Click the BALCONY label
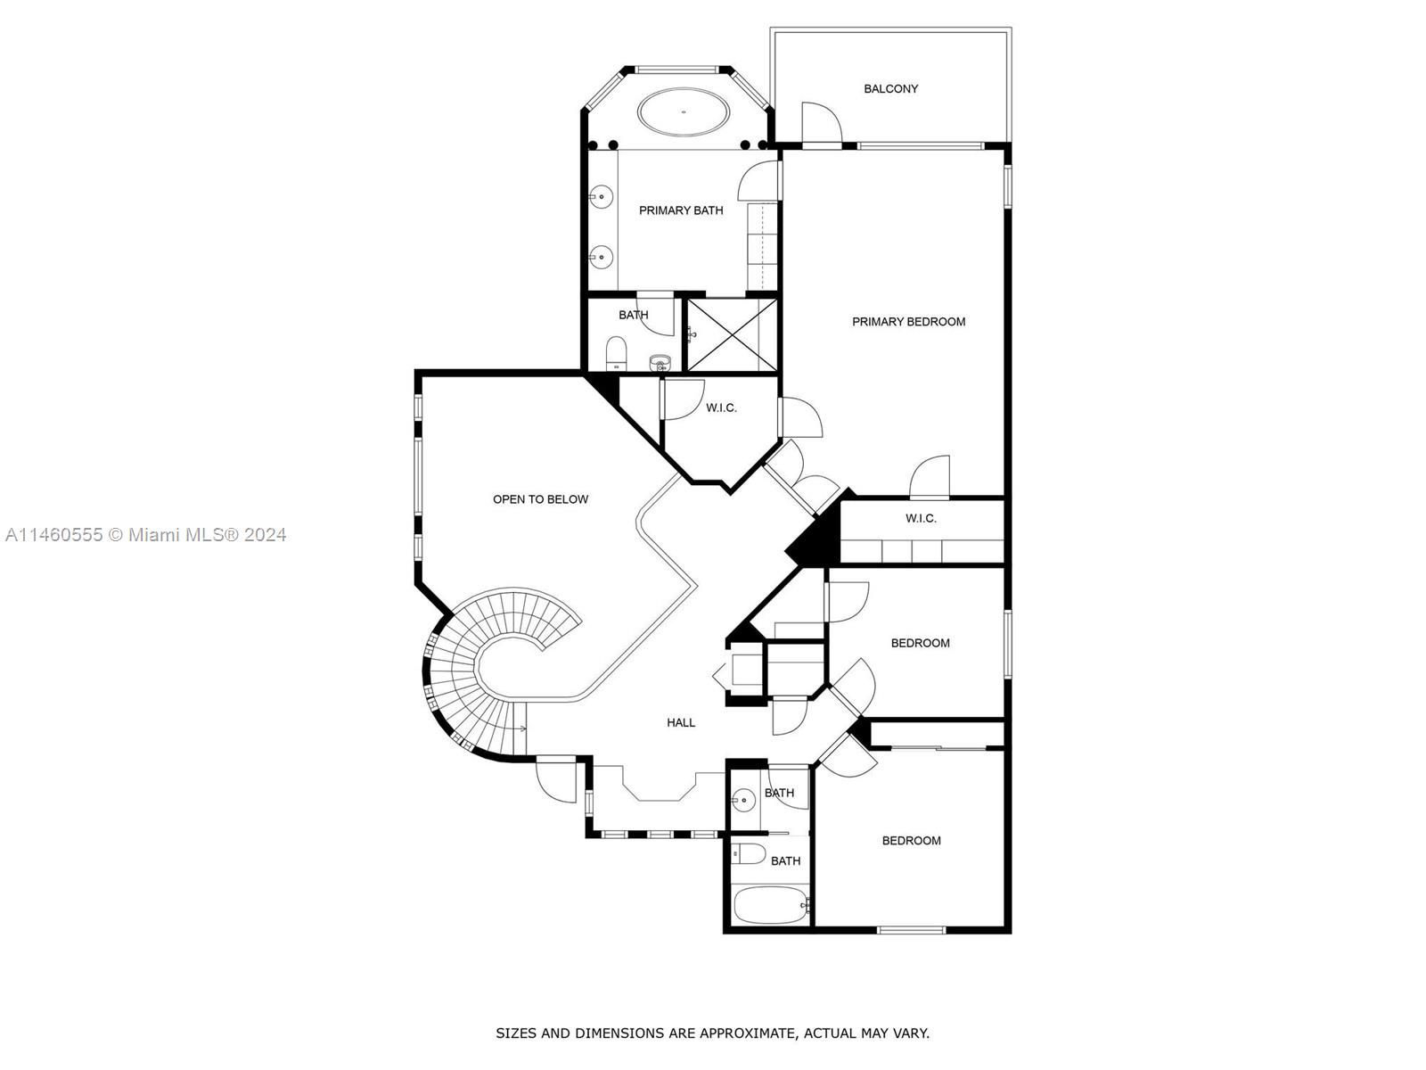pos(890,88)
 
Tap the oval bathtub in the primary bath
pos(684,112)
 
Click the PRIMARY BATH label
pos(681,210)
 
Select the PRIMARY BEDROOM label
pos(908,322)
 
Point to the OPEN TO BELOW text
pos(540,499)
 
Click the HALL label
pos(681,722)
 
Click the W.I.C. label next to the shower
pos(721,407)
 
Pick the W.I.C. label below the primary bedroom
pos(921,518)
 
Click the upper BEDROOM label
pos(920,643)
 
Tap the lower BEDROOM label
pos(911,841)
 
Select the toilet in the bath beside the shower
pos(617,353)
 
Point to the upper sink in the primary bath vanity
pos(602,197)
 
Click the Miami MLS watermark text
pos(145,535)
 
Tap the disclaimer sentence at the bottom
pos(712,1033)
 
